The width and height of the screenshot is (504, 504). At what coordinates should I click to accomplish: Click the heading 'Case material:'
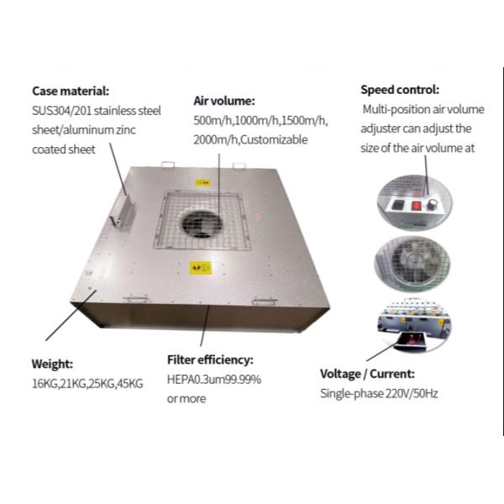click(x=71, y=91)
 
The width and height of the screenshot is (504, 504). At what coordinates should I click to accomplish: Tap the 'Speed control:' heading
click(x=400, y=90)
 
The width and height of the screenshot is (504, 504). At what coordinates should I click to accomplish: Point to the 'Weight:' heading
click(x=53, y=365)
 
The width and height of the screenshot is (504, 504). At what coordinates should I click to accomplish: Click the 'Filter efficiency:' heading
click(x=216, y=360)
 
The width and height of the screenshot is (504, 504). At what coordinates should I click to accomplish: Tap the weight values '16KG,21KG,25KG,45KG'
click(x=87, y=384)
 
